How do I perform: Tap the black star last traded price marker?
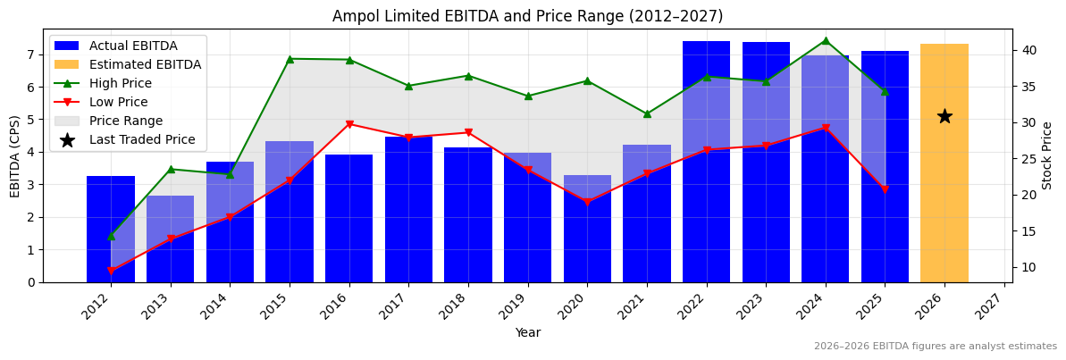pyautogui.click(x=944, y=116)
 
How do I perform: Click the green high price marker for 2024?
pyautogui.click(x=825, y=40)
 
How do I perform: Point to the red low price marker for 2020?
pyautogui.click(x=587, y=203)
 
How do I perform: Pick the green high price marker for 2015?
pyautogui.click(x=290, y=59)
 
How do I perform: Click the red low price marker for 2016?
pyautogui.click(x=349, y=124)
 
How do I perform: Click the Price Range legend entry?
pyautogui.click(x=125, y=121)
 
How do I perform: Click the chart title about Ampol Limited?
pyautogui.click(x=527, y=16)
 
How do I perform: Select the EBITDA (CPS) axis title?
pyautogui.click(x=15, y=155)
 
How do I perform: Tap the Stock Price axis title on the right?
pyautogui.click(x=1047, y=155)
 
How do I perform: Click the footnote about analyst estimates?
pyautogui.click(x=935, y=347)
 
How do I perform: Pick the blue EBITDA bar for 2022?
pyautogui.click(x=706, y=161)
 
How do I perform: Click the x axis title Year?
pyautogui.click(x=527, y=332)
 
